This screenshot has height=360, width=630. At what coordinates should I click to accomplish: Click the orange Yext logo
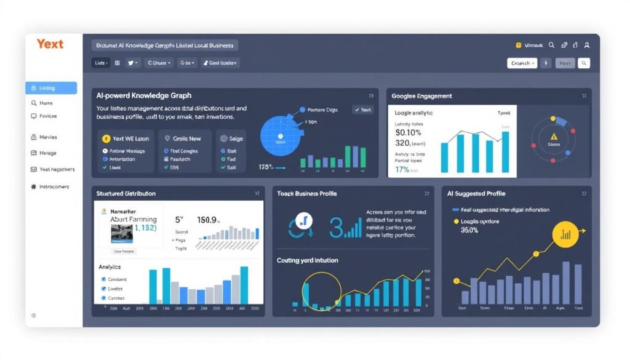(x=50, y=44)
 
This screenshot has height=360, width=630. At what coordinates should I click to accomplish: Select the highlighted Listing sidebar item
(x=51, y=88)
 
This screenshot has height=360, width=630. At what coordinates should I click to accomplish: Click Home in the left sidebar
(x=46, y=103)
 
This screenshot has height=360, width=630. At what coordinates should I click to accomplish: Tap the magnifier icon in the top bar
(x=551, y=45)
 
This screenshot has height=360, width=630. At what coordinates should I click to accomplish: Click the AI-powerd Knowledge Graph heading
(x=143, y=95)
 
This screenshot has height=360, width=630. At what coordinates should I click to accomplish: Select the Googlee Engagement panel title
(x=421, y=96)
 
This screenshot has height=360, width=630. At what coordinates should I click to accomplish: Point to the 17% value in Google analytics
(x=402, y=169)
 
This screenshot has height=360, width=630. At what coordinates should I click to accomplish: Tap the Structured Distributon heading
(x=126, y=193)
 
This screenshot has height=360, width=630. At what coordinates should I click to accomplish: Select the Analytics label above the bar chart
(x=110, y=267)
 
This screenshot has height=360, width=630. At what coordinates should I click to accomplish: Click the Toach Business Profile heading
(x=307, y=194)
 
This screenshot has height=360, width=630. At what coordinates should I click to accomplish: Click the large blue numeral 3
(x=336, y=226)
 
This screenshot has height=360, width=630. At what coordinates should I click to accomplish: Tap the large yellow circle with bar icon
(x=565, y=234)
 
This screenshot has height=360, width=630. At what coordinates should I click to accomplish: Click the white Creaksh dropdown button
(x=522, y=63)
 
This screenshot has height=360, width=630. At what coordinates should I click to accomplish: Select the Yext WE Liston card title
(x=130, y=138)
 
